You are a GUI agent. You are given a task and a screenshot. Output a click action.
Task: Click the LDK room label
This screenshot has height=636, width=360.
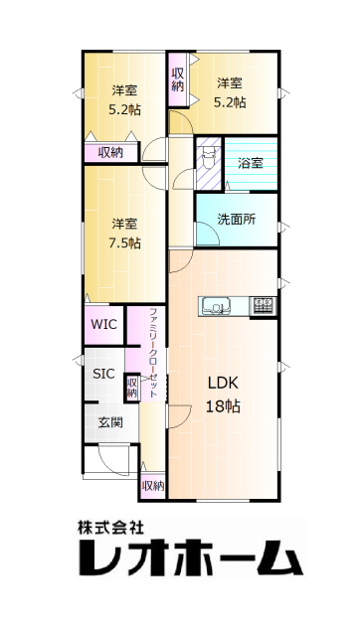223,383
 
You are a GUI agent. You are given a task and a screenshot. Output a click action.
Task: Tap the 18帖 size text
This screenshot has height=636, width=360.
223,405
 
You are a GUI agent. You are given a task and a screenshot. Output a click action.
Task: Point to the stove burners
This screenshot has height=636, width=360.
263,305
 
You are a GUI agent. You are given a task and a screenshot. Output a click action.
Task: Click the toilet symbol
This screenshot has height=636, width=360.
209,157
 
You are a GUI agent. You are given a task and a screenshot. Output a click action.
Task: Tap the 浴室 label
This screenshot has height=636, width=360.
250,163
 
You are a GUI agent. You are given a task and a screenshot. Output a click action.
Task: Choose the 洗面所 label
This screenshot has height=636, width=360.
237,220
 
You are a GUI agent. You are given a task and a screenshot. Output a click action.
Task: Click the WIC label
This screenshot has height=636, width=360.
103,325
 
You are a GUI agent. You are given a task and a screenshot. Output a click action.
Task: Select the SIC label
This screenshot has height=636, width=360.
103,374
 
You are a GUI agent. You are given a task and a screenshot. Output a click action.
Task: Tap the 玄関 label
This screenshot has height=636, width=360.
110,422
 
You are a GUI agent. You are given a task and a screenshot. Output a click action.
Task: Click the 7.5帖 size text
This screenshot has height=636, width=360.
124,242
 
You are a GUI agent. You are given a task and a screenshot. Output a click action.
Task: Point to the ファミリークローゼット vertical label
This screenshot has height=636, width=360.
153,353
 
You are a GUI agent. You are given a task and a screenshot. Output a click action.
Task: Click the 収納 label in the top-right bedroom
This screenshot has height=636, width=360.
177,79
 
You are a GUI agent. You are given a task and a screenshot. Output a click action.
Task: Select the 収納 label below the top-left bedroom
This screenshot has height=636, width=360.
110,152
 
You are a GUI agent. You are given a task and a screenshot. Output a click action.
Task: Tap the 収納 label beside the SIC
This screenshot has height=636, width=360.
132,388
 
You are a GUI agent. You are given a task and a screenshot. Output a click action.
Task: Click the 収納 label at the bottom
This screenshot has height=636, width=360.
153,486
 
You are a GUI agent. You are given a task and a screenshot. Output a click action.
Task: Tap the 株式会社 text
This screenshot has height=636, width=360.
110,528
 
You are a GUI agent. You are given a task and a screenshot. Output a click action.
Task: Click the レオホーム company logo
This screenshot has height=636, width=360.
190,557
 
